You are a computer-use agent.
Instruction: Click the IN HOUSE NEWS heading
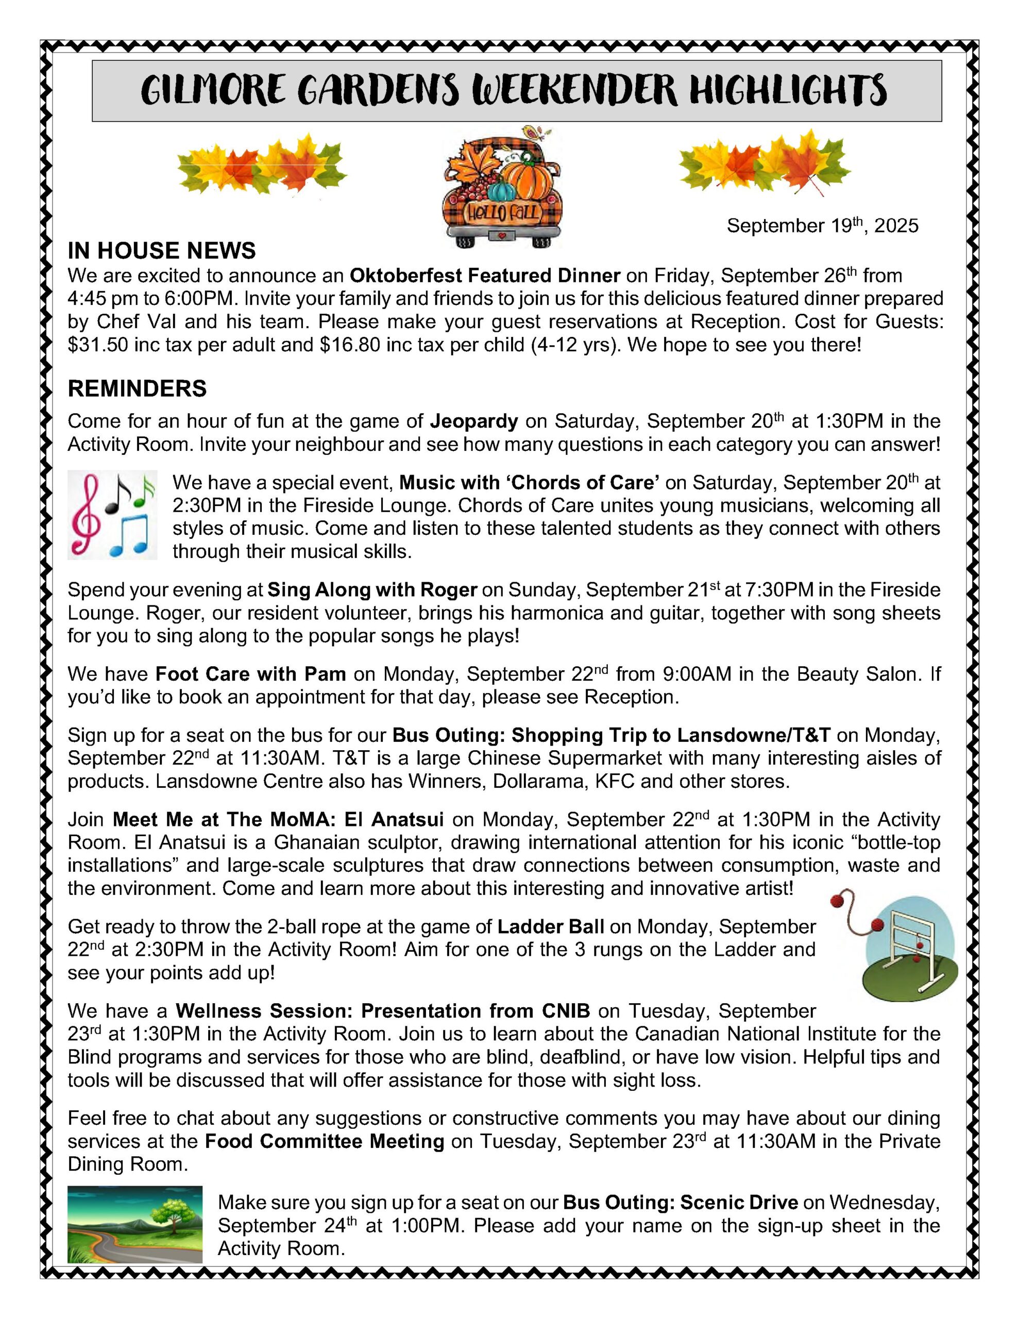[161, 250]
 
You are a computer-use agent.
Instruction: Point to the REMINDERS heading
[137, 389]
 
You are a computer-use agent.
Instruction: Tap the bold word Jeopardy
[474, 421]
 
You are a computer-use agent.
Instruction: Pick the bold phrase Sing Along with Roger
[372, 589]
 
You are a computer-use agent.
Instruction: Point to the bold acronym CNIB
[566, 1011]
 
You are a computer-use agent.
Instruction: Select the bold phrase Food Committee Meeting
[325, 1141]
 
